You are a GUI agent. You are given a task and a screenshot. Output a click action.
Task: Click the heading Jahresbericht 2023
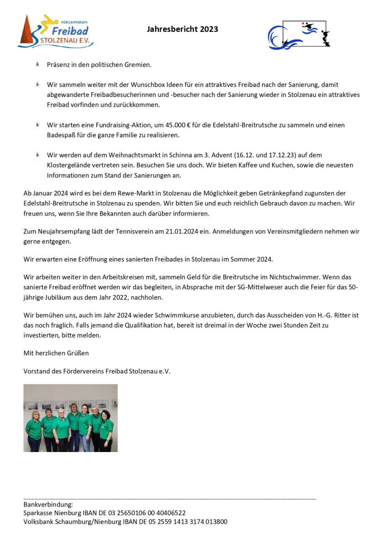coord(182,29)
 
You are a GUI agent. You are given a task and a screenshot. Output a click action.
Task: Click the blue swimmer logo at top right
coord(299,34)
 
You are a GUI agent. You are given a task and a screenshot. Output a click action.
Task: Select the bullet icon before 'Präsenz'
coord(38,65)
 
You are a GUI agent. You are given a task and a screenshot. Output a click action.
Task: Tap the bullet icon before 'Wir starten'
coord(38,124)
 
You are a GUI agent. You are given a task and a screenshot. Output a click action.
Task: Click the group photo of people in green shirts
coord(70,418)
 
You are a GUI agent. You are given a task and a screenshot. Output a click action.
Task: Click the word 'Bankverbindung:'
coord(48,504)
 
